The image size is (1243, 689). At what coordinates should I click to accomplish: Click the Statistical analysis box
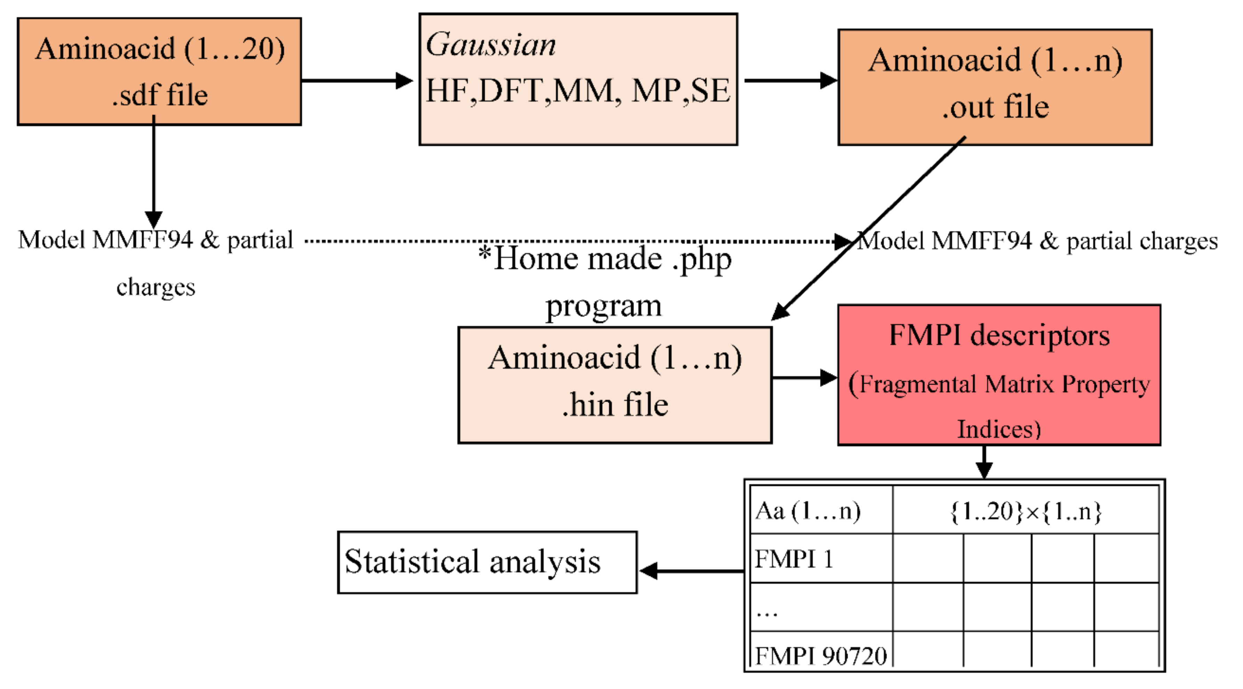pyautogui.click(x=487, y=562)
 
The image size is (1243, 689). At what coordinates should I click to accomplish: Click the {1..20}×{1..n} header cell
pyautogui.click(x=1026, y=511)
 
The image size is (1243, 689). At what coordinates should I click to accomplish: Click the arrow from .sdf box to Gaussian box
pyautogui.click(x=357, y=81)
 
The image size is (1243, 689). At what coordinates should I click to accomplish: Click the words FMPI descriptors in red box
pyautogui.click(x=999, y=335)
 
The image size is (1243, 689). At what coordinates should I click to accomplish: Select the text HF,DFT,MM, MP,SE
pyautogui.click(x=578, y=91)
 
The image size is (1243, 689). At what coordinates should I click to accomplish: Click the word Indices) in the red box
pyautogui.click(x=999, y=429)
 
